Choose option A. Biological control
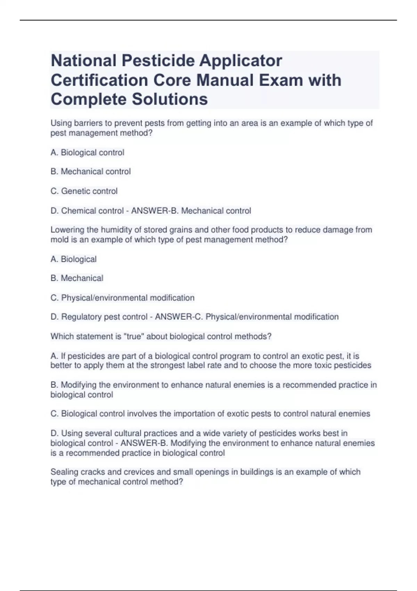[87, 153]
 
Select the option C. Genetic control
[84, 191]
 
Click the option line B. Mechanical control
[91, 172]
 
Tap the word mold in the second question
[59, 240]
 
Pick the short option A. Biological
[74, 259]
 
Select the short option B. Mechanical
[77, 278]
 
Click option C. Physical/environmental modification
[122, 298]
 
